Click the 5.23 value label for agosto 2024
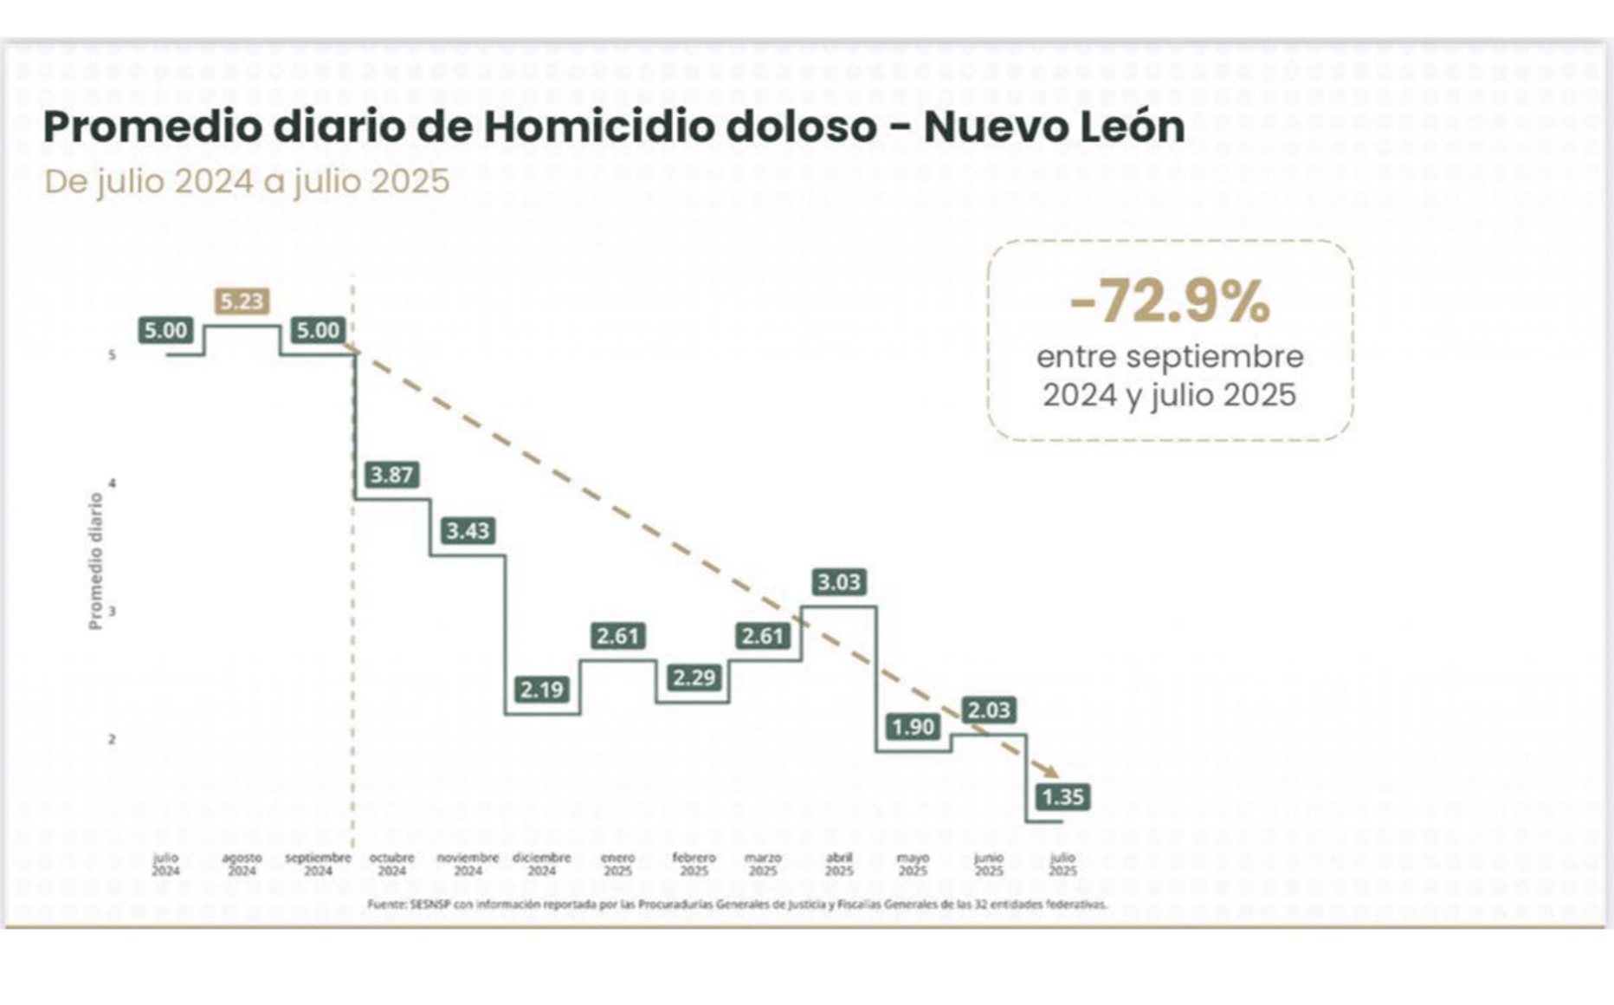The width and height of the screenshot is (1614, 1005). coord(242,301)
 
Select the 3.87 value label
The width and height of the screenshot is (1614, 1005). coord(391,475)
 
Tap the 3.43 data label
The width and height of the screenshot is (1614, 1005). coord(468,530)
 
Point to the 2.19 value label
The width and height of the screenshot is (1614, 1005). coord(542,690)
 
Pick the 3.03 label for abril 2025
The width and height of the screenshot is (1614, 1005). coord(839,582)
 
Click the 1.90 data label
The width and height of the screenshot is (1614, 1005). coord(913,727)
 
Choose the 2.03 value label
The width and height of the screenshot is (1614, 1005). coord(989,710)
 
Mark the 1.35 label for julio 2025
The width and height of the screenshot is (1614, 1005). coord(1062,797)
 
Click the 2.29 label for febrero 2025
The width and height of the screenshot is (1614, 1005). coord(694,677)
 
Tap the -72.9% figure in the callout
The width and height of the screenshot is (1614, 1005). coord(1170,302)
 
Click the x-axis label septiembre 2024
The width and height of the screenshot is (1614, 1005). coord(318,864)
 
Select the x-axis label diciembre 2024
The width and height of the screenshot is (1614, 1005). coord(542,864)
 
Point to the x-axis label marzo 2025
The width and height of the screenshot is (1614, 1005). coord(763,864)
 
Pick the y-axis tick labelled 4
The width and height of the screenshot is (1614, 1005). coord(113,483)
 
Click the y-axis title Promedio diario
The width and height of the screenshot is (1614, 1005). coord(95,561)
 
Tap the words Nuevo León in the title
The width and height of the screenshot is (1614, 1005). coord(1054,126)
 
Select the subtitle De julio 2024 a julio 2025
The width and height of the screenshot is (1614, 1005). coord(247,182)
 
